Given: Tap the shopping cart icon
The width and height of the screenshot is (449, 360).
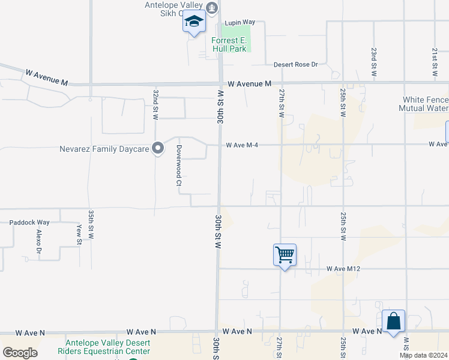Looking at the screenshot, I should click(285, 254).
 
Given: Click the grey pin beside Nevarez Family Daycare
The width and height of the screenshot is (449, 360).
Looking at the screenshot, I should click(158, 148).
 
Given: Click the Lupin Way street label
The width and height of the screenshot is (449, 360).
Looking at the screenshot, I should click(240, 22).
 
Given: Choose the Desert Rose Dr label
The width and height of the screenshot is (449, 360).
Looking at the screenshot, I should click(295, 64).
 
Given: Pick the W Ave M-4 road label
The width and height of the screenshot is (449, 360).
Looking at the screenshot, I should click(246, 145).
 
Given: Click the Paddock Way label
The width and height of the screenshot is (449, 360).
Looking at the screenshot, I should click(29, 222).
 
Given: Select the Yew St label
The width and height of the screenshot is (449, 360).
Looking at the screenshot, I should click(79, 234).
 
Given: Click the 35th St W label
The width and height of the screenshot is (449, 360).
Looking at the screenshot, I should click(91, 225).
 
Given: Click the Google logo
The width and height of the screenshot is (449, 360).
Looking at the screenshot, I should click(20, 353).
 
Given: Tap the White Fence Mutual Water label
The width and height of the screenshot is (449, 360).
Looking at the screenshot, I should click(425, 104).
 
